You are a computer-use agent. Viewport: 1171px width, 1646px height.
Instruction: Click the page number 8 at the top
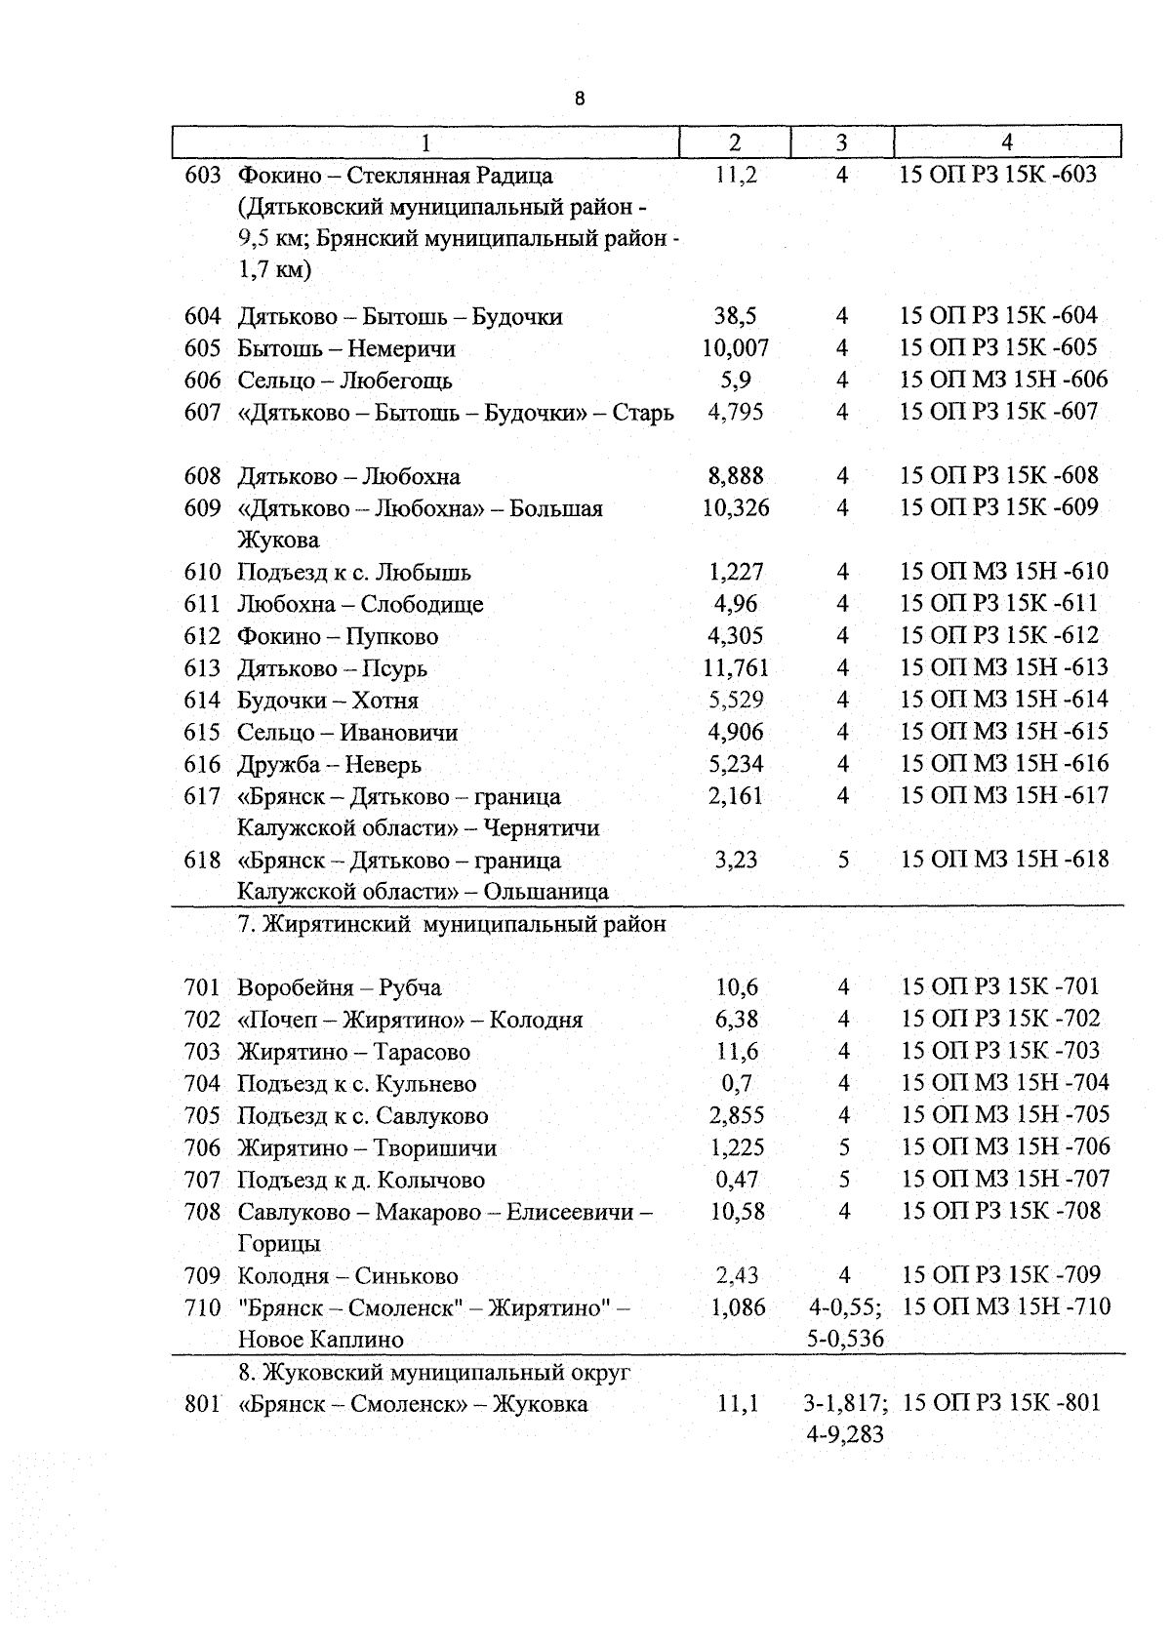[x=580, y=99]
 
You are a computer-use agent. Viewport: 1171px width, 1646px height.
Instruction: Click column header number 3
[x=841, y=142]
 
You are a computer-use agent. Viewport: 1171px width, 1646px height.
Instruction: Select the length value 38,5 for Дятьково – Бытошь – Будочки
[x=735, y=316]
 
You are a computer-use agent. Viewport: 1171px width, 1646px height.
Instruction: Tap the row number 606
[x=203, y=381]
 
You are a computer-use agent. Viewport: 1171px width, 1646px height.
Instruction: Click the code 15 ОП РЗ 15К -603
[x=998, y=175]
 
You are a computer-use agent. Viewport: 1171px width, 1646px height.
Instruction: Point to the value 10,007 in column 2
[x=735, y=348]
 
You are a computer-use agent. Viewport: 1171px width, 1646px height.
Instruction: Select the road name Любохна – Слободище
[x=360, y=605]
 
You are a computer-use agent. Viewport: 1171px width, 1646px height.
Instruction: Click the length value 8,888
[x=735, y=477]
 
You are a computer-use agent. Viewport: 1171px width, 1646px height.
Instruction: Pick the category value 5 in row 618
[x=843, y=861]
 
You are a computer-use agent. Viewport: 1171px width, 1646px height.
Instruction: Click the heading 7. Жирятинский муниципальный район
[x=452, y=924]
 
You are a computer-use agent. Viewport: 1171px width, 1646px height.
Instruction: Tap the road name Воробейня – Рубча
[x=339, y=988]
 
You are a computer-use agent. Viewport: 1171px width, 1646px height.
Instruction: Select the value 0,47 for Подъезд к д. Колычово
[x=736, y=1180]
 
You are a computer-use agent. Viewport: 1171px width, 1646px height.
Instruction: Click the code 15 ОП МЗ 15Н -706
[x=1005, y=1147]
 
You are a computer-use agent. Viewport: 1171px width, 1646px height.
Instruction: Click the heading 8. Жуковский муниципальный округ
[x=434, y=1373]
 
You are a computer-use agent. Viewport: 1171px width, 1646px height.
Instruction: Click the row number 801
[x=203, y=1405]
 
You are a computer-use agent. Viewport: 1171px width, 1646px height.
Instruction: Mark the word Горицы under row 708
[x=279, y=1244]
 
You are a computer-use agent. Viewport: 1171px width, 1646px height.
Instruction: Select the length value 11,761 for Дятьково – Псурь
[x=735, y=668]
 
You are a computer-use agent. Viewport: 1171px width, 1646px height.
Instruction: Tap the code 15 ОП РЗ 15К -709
[x=1000, y=1275]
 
